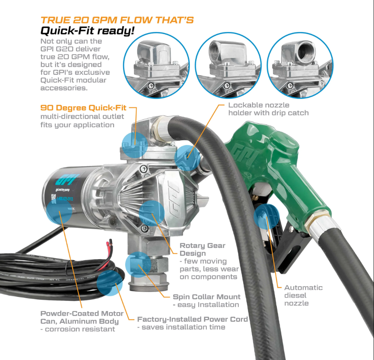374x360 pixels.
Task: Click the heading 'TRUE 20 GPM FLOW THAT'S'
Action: pyautogui.click(x=117, y=20)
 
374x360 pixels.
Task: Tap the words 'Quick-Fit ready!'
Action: pyautogui.click(x=87, y=31)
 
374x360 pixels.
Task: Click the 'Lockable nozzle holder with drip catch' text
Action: pyautogui.click(x=268, y=109)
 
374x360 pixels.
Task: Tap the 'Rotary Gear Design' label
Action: pyautogui.click(x=203, y=249)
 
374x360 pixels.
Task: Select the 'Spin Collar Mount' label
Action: pyautogui.click(x=206, y=297)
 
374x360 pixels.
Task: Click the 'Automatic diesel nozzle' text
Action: pyautogui.click(x=303, y=295)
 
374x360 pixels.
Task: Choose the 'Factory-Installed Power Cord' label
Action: pyautogui.click(x=192, y=319)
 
